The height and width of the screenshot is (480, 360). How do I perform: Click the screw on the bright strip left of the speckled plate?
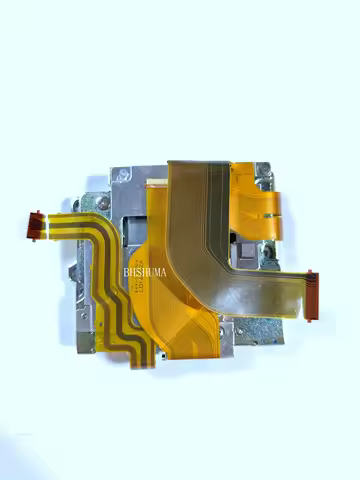click(x=226, y=341)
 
